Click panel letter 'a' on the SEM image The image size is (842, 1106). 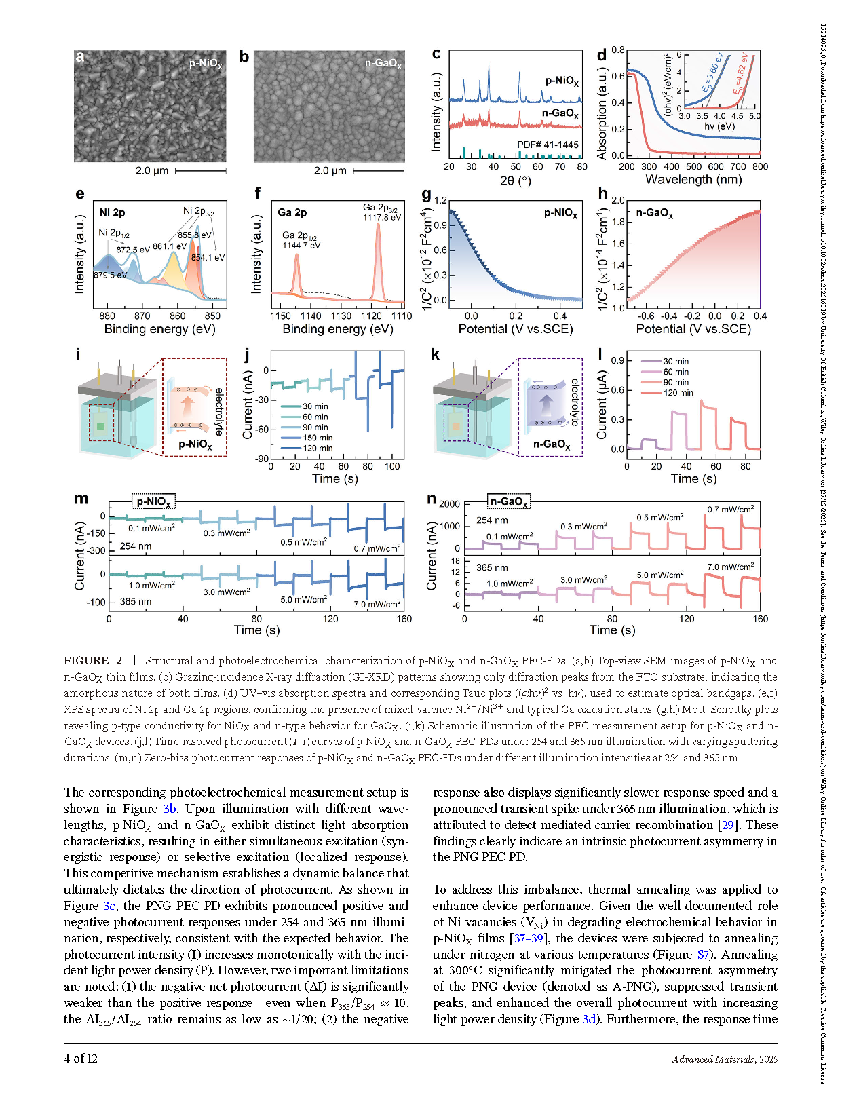click(x=80, y=57)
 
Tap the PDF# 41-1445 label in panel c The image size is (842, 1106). click(x=548, y=145)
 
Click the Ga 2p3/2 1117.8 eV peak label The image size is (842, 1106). click(x=381, y=212)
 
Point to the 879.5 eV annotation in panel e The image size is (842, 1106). click(x=110, y=275)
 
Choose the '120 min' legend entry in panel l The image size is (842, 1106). click(x=678, y=393)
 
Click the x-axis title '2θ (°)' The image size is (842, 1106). click(x=516, y=181)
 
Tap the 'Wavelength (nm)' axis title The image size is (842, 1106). click(x=693, y=180)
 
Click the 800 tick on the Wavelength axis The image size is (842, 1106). click(x=760, y=167)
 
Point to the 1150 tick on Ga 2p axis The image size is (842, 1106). click(x=281, y=316)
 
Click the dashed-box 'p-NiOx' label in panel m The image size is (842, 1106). click(x=153, y=502)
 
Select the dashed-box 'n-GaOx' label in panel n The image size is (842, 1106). click(x=509, y=502)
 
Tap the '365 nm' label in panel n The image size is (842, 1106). click(x=492, y=567)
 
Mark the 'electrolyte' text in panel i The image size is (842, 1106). click(x=218, y=411)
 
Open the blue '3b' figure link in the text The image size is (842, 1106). click(x=170, y=809)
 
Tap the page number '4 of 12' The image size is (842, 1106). click(x=81, y=1059)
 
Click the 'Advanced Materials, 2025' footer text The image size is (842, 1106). click(x=724, y=1059)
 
